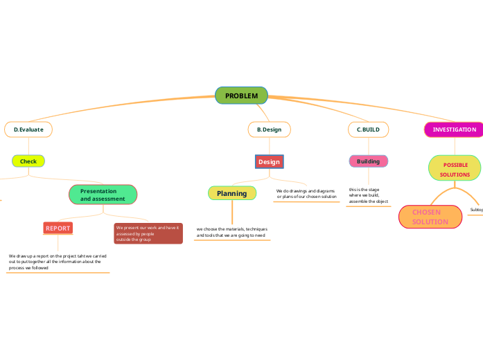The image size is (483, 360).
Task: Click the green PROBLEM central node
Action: [x=241, y=96]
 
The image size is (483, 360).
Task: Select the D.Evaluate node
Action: [x=28, y=129]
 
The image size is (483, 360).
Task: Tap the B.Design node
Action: [x=269, y=129]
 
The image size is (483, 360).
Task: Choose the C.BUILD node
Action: [x=368, y=129]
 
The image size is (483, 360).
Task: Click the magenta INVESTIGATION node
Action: [x=454, y=129]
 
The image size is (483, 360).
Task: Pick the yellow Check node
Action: [x=28, y=161]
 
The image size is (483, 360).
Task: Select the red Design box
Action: [x=269, y=161]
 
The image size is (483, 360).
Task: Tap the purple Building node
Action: [x=368, y=161]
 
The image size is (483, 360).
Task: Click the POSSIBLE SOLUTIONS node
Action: [x=455, y=170]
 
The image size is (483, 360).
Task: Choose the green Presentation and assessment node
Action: [x=103, y=195]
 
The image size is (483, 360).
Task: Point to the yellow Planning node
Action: [x=231, y=193]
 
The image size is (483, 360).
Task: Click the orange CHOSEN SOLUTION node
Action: [x=430, y=217]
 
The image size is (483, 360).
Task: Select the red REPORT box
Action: [x=58, y=228]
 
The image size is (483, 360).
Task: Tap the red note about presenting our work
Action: [x=148, y=233]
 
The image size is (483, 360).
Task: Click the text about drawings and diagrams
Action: [x=306, y=194]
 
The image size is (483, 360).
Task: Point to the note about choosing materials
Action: [x=231, y=232]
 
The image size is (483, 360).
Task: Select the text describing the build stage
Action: [x=368, y=195]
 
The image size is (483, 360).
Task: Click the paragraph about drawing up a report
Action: [x=58, y=261]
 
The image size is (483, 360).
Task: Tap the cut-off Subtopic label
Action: [x=476, y=210]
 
